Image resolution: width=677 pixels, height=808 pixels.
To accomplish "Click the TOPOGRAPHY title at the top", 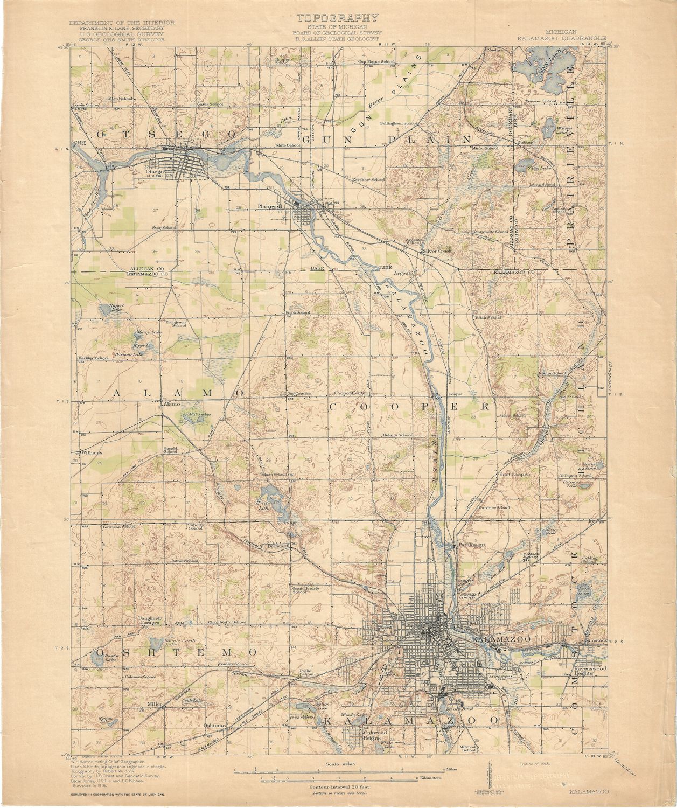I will [338, 18].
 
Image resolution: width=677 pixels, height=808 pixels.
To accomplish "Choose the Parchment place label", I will [472, 545].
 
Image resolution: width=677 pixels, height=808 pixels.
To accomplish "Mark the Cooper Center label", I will [352, 393].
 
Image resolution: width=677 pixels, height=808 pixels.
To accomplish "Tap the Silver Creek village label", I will [436, 251].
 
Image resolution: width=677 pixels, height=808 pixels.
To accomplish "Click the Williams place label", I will [92, 452].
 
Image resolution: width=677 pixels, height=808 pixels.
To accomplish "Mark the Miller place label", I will [155, 704].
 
